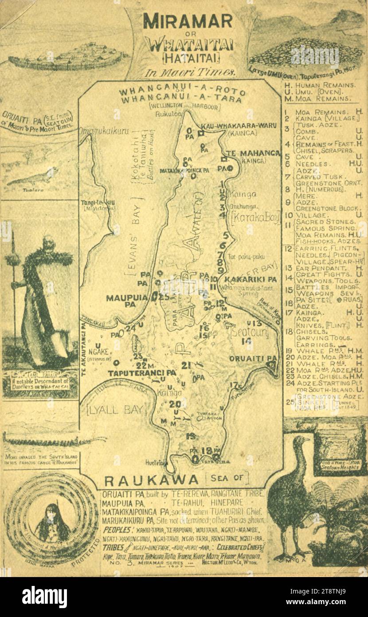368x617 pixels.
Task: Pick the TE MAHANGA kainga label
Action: click(253, 153)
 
